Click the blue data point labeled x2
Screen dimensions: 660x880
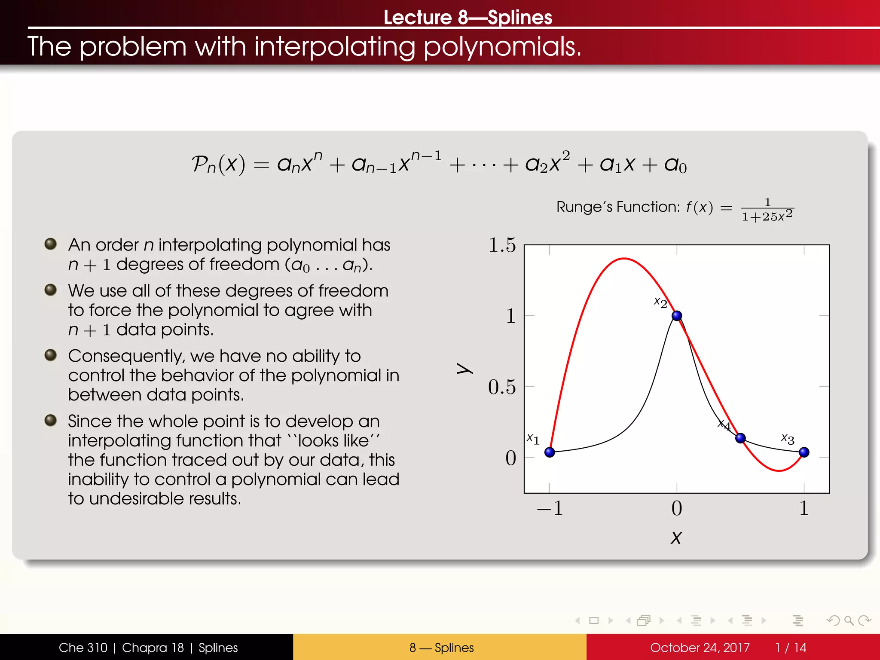(677, 316)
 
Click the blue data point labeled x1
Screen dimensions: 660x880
(550, 452)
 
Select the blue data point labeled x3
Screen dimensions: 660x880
(804, 452)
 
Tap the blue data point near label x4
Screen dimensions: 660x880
(740, 438)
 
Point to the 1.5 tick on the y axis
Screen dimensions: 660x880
(502, 245)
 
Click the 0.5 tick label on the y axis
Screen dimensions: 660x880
(502, 387)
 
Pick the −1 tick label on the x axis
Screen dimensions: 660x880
(550, 508)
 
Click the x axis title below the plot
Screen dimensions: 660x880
(676, 538)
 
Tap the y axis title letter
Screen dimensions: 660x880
(464, 368)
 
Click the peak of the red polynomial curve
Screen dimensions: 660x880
(624, 259)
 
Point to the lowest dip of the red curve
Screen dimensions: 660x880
(779, 471)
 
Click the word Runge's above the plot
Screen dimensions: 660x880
(584, 207)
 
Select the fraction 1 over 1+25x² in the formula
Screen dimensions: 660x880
(767, 210)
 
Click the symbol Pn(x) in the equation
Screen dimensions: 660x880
(218, 164)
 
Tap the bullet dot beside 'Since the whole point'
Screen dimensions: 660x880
(51, 420)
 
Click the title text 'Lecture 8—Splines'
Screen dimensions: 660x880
(467, 17)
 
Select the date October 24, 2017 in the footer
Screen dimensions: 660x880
(700, 648)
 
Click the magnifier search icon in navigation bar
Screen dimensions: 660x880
(849, 620)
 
